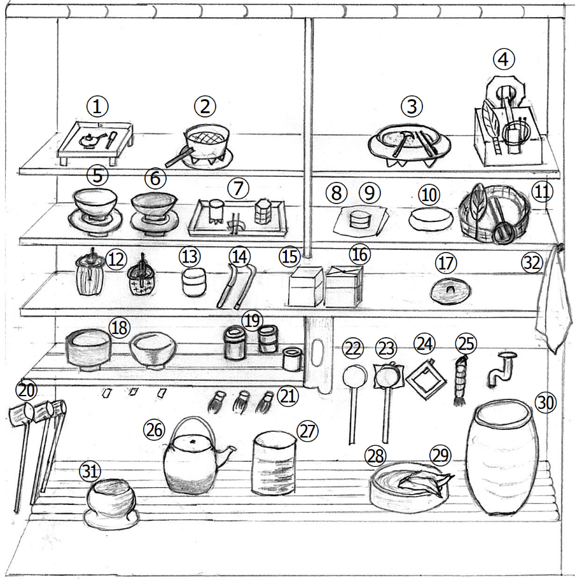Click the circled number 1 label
pos(97,107)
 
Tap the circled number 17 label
pos(446,263)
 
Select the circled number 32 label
pos(532,263)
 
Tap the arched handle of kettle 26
pos(192,425)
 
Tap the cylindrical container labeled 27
pos(274,462)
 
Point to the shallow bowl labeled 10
pos(431,219)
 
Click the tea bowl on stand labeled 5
pos(95,212)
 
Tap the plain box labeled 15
pos(306,286)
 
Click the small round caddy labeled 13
pos(194,282)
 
